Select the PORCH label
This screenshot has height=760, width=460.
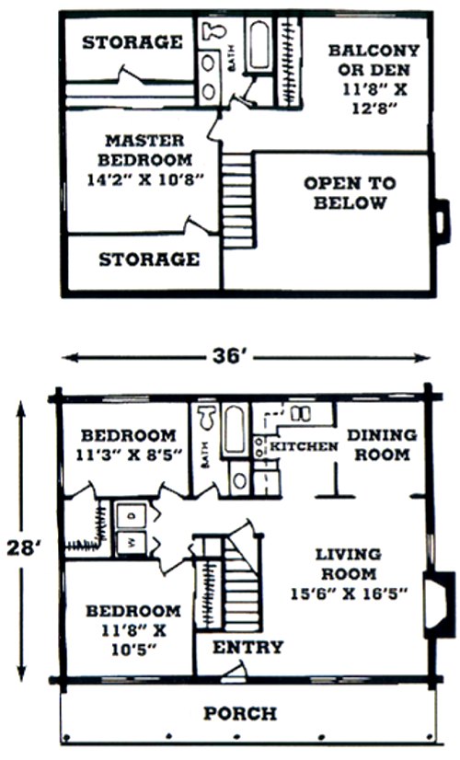tap(240, 713)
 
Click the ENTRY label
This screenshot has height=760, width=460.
tap(248, 647)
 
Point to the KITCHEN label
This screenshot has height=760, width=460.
tap(304, 446)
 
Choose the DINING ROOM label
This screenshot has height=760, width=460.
tap(382, 445)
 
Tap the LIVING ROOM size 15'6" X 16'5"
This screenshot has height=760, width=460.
tap(349, 593)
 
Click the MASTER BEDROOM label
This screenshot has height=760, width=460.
tap(144, 150)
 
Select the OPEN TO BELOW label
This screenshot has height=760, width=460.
tap(350, 193)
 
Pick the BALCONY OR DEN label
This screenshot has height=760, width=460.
tap(374, 60)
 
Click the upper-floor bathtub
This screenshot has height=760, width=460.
tap(259, 45)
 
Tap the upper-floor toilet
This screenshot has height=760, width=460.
tap(213, 30)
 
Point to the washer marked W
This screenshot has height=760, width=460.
tap(131, 543)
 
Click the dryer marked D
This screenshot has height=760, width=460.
tap(131, 516)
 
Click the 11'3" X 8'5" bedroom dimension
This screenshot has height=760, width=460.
tap(129, 455)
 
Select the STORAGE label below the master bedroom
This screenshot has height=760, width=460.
tap(149, 259)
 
